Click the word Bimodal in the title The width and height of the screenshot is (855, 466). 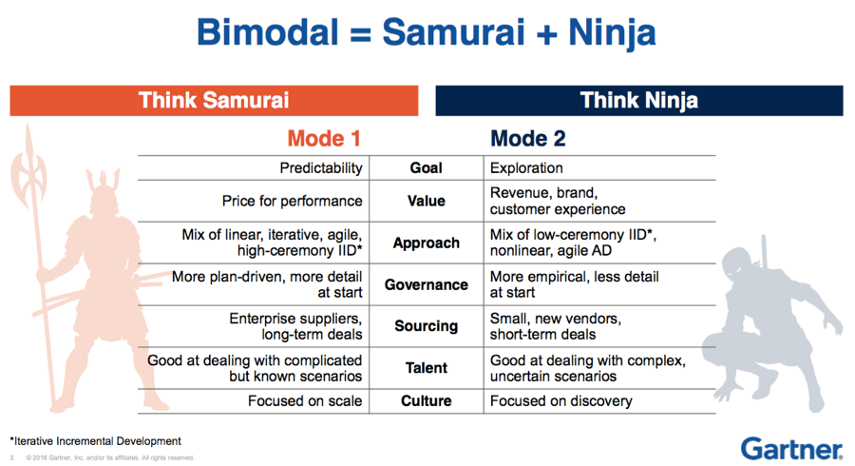268,32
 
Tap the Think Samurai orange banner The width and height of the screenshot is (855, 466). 214,101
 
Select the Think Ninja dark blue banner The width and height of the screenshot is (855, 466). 639,101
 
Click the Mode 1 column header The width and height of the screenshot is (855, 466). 324,139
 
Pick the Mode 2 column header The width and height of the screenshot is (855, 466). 528,139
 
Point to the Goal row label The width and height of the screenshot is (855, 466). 426,168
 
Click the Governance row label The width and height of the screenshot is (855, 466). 426,285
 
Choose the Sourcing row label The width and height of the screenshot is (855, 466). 426,326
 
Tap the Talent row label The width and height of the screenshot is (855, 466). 426,368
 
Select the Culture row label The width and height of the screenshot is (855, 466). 426,401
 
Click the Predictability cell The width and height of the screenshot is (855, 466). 321,168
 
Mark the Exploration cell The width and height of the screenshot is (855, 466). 526,168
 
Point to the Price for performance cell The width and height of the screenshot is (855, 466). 292,202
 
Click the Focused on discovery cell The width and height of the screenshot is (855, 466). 561,401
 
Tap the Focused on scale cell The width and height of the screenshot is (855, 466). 305,401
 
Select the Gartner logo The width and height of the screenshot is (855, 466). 791,449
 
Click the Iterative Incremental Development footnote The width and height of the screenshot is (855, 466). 95,441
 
